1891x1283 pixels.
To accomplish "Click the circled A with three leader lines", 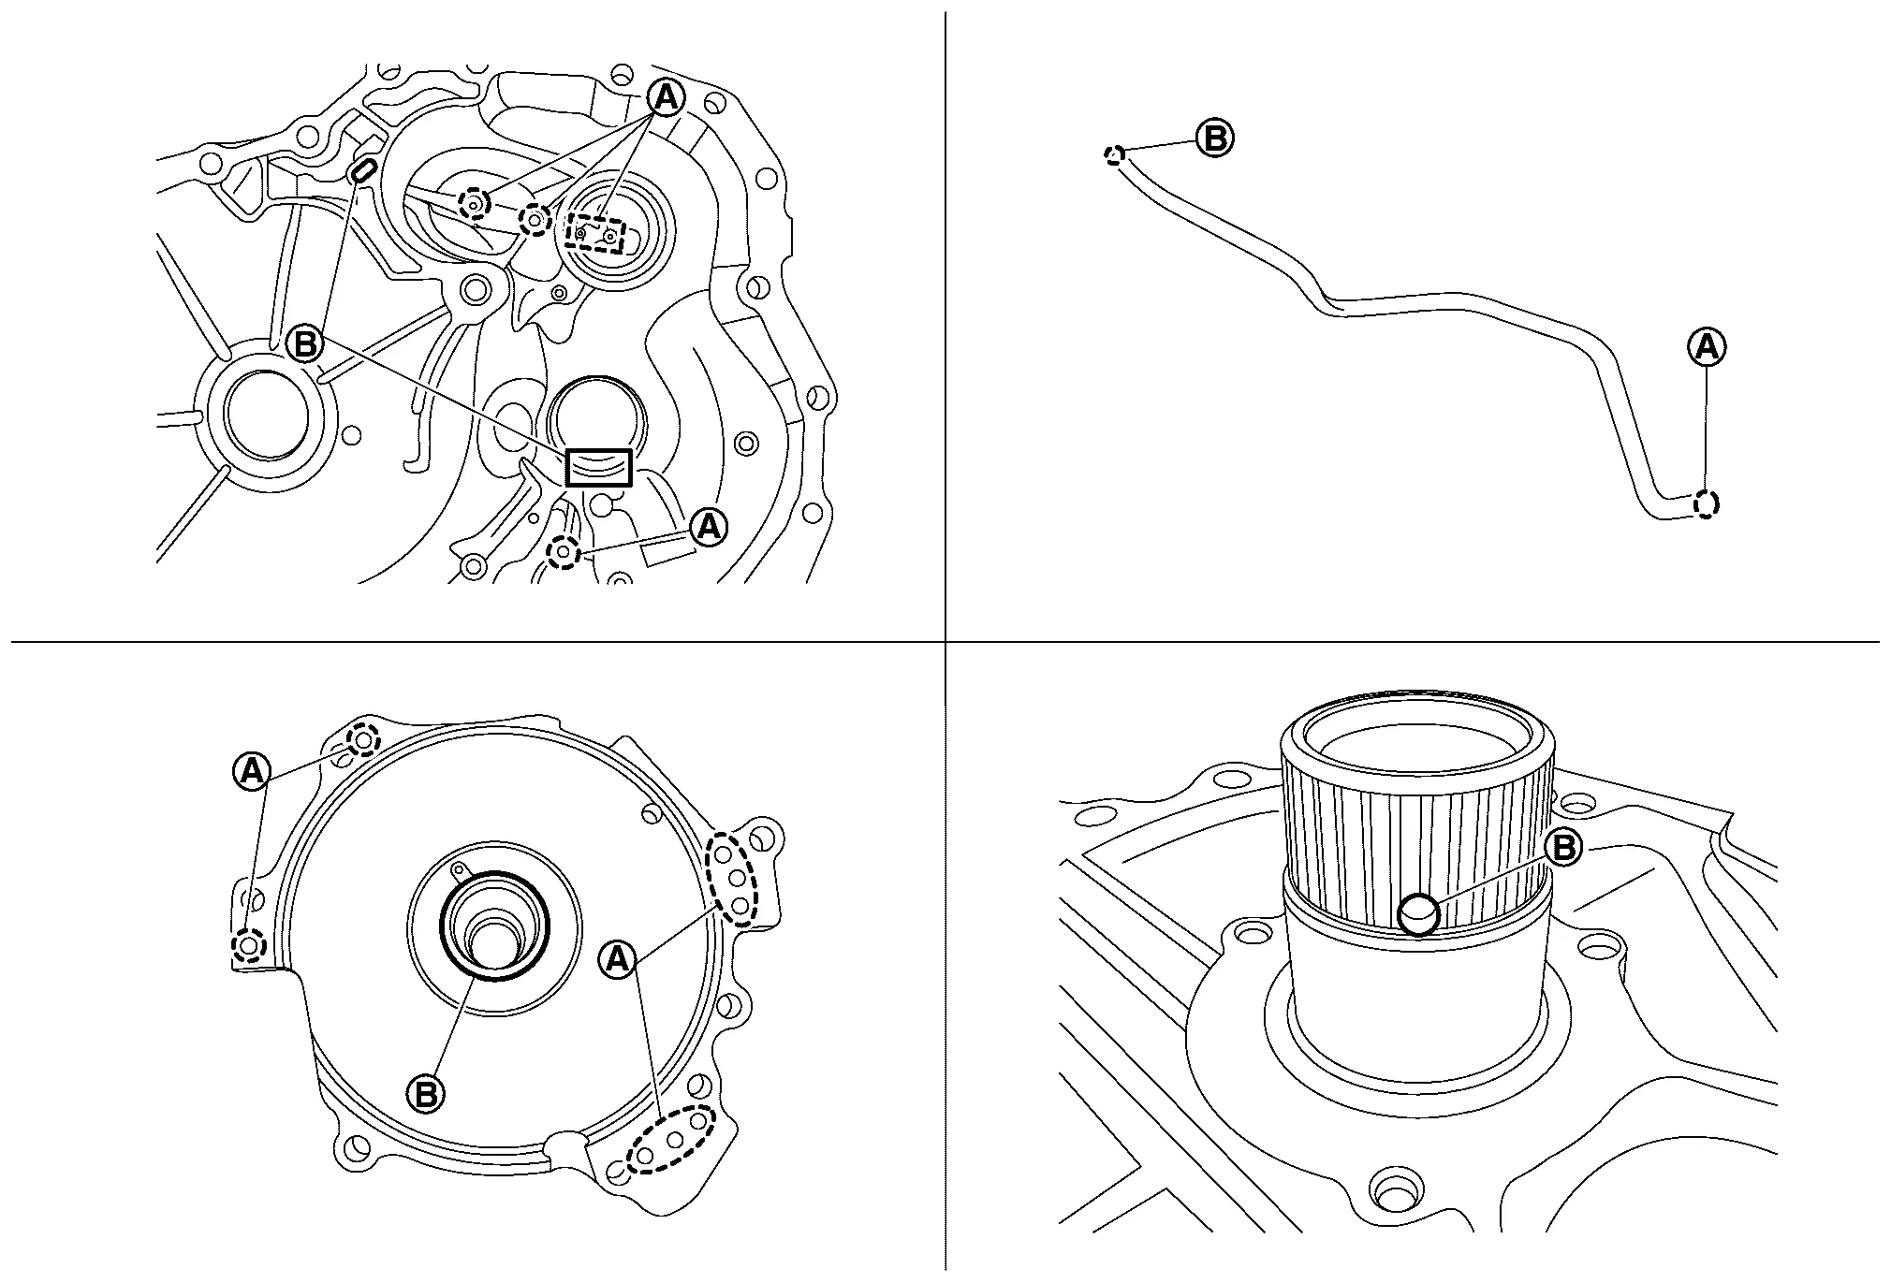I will coord(665,96).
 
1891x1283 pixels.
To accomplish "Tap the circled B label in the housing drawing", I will coord(304,344).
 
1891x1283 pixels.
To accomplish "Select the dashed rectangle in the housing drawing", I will coord(595,232).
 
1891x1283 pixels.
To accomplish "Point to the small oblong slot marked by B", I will coord(362,171).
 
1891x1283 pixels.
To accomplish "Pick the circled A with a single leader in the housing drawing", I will coord(709,528).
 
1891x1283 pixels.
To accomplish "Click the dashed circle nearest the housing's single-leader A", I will coord(564,553).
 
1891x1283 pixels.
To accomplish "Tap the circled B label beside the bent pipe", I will coord(1215,139).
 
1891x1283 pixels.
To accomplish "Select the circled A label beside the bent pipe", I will coord(1707,347).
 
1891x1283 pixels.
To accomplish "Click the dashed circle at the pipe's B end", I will coord(1113,155).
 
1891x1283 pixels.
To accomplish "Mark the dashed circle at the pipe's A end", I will coord(1707,504).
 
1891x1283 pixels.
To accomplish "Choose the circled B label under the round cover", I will coord(425,1093).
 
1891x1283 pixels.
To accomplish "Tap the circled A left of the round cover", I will coord(251,771).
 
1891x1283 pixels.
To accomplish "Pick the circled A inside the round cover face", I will coord(618,958).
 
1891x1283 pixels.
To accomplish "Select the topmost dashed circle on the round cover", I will coord(363,741).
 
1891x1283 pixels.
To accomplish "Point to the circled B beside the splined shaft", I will coord(1561,848).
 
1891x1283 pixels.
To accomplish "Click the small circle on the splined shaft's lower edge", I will coord(1418,914).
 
